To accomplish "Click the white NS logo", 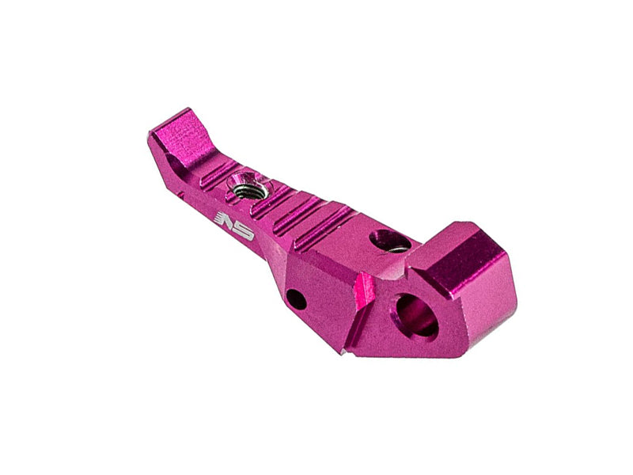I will [x=233, y=224].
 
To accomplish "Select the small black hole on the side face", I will [x=296, y=299].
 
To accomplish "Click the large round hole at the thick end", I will [x=416, y=314].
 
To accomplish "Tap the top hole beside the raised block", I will [x=389, y=240].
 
